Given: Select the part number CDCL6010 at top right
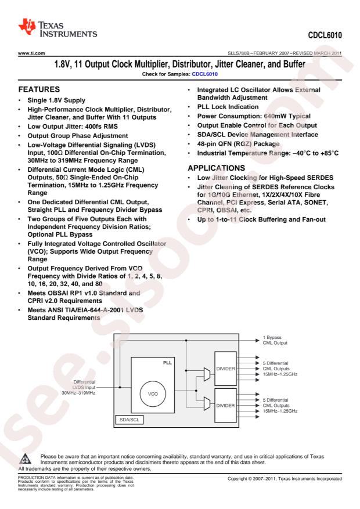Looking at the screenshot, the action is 325,35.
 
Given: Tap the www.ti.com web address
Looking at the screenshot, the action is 31,53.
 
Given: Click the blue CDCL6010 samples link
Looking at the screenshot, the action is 204,74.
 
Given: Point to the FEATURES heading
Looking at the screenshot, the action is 39,89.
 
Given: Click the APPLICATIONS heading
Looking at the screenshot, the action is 216,168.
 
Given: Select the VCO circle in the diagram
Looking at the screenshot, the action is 153,394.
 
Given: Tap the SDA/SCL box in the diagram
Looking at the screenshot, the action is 129,420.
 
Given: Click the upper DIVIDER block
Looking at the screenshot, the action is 226,369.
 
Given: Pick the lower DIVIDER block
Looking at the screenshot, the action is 226,406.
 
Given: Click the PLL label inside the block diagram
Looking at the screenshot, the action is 167,363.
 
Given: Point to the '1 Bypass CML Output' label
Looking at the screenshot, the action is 275,340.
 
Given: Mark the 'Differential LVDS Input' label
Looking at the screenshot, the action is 84,385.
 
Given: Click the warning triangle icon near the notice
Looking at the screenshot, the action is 25,459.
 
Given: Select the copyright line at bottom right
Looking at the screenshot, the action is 285,478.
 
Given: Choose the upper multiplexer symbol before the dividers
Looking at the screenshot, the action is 207,374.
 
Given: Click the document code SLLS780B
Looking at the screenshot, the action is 239,53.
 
